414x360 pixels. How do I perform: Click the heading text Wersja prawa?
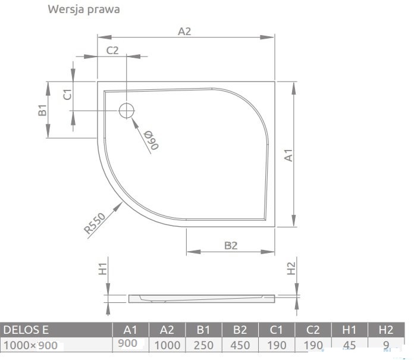84,10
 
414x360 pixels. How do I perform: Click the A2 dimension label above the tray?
184,32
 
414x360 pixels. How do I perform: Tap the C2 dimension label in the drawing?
112,50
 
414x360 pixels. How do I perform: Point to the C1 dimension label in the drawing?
68,94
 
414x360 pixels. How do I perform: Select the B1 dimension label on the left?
42,110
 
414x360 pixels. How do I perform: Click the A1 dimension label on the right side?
288,155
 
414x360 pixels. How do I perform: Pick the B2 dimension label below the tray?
231,245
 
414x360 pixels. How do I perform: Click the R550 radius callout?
95,224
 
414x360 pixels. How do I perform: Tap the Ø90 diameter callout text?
151,140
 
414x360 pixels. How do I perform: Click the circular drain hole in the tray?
127,111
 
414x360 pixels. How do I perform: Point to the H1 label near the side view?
103,269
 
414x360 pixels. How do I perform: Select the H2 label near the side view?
291,268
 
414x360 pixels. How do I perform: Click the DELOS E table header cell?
26,330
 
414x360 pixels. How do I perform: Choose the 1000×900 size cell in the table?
30,345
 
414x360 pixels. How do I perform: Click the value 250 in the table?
203,345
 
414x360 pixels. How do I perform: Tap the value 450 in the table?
240,345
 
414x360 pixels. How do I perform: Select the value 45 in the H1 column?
349,345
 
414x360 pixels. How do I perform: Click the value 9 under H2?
386,345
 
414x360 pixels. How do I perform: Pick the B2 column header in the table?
240,330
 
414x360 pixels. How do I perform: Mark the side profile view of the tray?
202,299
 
